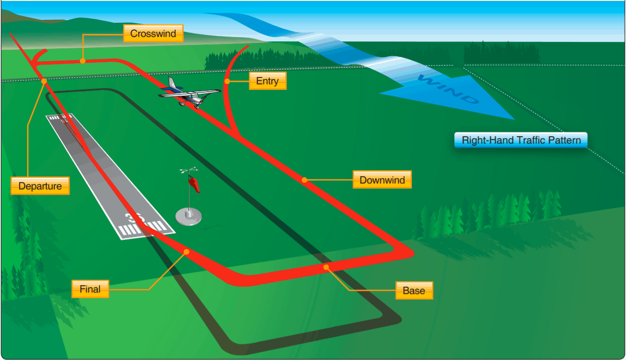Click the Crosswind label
click(153, 34)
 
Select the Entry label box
click(267, 81)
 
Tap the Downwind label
click(382, 180)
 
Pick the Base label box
click(414, 290)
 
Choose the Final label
click(90, 289)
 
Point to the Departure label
click(40, 186)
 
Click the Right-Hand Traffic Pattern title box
click(521, 140)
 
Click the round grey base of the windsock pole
click(189, 216)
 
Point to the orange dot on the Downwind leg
click(305, 180)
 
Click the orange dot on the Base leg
click(326, 267)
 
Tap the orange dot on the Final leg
click(186, 252)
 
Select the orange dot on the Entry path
click(227, 81)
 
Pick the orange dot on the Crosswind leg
click(83, 61)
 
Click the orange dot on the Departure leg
click(44, 81)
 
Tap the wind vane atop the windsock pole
click(189, 171)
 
